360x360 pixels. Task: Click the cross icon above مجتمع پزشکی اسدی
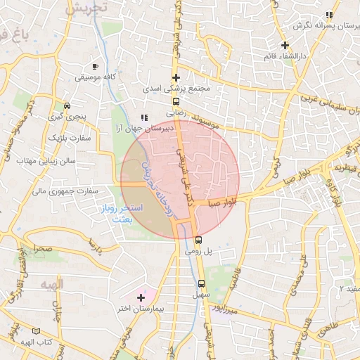[176, 77]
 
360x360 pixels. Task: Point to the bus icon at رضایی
[176, 100]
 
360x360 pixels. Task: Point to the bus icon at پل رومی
[198, 240]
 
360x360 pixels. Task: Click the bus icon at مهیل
[202, 283]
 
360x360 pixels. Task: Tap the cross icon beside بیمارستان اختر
[141, 298]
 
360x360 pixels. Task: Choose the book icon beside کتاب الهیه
[36, 330]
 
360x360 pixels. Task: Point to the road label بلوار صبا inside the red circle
[221, 202]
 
